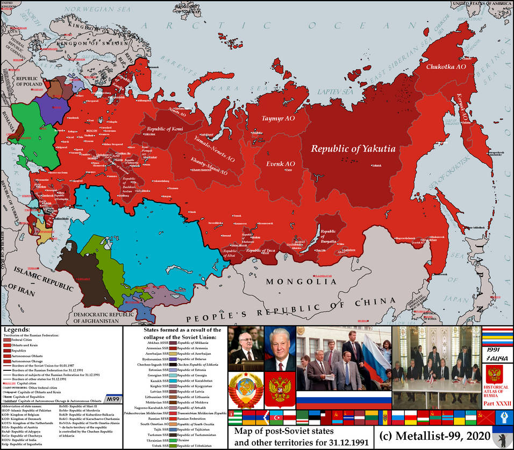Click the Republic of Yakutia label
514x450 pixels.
click(353, 149)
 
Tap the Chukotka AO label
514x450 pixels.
click(446, 67)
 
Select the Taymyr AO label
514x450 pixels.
click(278, 118)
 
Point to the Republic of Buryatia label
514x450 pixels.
click(330, 235)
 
